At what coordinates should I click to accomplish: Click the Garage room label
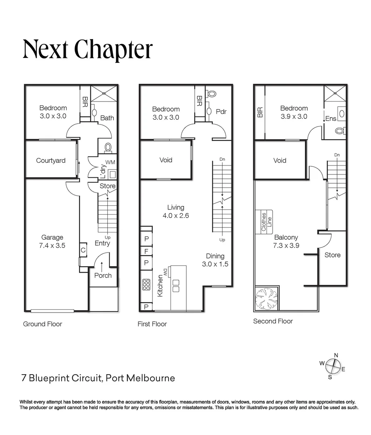(52, 241)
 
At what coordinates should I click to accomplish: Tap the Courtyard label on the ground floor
(51, 161)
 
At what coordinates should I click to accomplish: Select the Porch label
(103, 275)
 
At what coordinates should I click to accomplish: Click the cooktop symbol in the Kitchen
(146, 284)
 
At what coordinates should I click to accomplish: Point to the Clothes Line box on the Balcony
(264, 222)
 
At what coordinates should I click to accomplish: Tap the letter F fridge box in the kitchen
(146, 251)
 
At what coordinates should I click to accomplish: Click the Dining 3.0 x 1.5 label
(215, 260)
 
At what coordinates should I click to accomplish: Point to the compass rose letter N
(336, 355)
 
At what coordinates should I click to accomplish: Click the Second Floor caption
(273, 321)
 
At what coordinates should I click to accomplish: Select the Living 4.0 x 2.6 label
(176, 211)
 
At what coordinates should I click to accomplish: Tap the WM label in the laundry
(110, 162)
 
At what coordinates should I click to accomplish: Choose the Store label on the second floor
(332, 255)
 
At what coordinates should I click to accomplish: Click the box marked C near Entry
(83, 250)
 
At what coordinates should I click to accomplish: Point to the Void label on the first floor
(166, 160)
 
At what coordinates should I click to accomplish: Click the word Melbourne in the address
(151, 378)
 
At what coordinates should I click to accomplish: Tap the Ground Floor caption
(42, 324)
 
